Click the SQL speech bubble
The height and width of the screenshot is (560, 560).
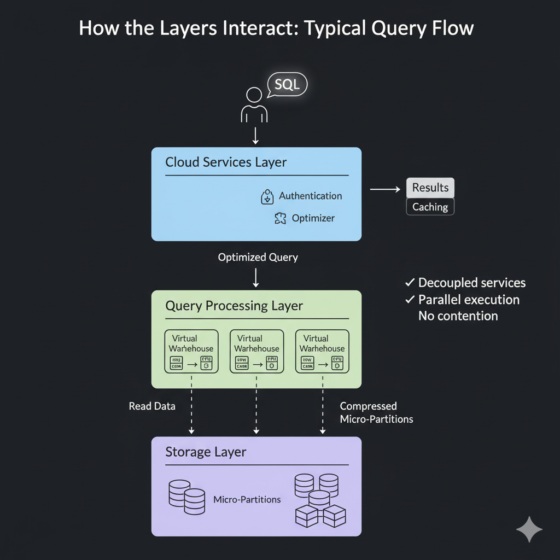(x=288, y=85)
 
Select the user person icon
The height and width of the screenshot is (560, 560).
(x=254, y=105)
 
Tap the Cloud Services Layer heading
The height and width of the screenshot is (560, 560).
(x=226, y=162)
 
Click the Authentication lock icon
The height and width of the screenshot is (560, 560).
(x=267, y=197)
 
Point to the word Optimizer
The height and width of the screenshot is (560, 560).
(x=313, y=218)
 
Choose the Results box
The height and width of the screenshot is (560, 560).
(x=430, y=188)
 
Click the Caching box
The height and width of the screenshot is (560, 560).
(x=430, y=207)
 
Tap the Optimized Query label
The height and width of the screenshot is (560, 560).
(x=258, y=257)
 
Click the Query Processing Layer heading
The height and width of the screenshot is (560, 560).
(x=234, y=306)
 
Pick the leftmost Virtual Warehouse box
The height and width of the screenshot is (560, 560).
(x=191, y=351)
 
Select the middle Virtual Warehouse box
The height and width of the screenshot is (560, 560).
(x=256, y=351)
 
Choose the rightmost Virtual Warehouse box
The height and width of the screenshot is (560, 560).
(x=322, y=351)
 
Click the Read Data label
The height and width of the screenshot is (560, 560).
(x=152, y=406)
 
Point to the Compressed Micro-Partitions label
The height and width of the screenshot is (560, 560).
(x=376, y=413)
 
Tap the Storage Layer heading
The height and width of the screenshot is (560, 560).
(x=206, y=452)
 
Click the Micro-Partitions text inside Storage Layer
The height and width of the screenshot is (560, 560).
(x=247, y=499)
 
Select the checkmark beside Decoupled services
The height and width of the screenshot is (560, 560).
(x=409, y=283)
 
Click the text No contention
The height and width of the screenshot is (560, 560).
(x=458, y=316)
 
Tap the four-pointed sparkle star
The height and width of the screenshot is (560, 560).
(x=529, y=529)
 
